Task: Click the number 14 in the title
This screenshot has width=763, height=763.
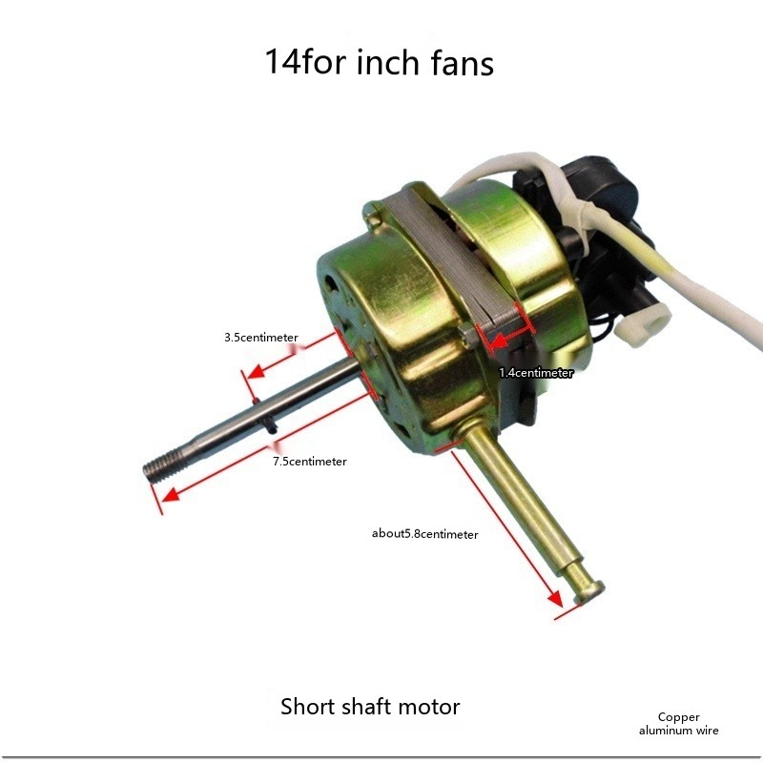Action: pos(282,62)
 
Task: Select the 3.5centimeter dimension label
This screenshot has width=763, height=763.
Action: pos(260,338)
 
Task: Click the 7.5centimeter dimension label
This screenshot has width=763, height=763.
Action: pos(309,462)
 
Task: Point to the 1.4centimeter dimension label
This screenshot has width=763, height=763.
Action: pos(536,373)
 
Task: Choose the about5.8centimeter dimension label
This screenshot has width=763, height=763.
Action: pos(424,534)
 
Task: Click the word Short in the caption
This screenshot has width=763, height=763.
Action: pos(308,706)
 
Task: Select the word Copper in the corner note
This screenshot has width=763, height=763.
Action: pos(678,717)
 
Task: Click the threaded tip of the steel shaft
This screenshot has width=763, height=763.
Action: pos(164,466)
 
